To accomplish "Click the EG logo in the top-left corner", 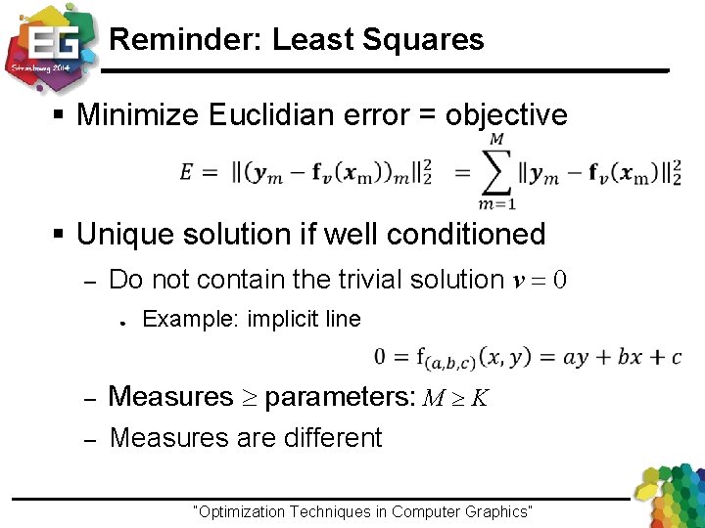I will click(51, 44).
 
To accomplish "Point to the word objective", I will click(506, 115).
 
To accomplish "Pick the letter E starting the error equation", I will click(186, 173).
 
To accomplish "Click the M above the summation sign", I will click(496, 140).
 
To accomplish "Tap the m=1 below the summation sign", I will click(497, 203).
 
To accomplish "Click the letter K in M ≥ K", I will click(481, 398).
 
